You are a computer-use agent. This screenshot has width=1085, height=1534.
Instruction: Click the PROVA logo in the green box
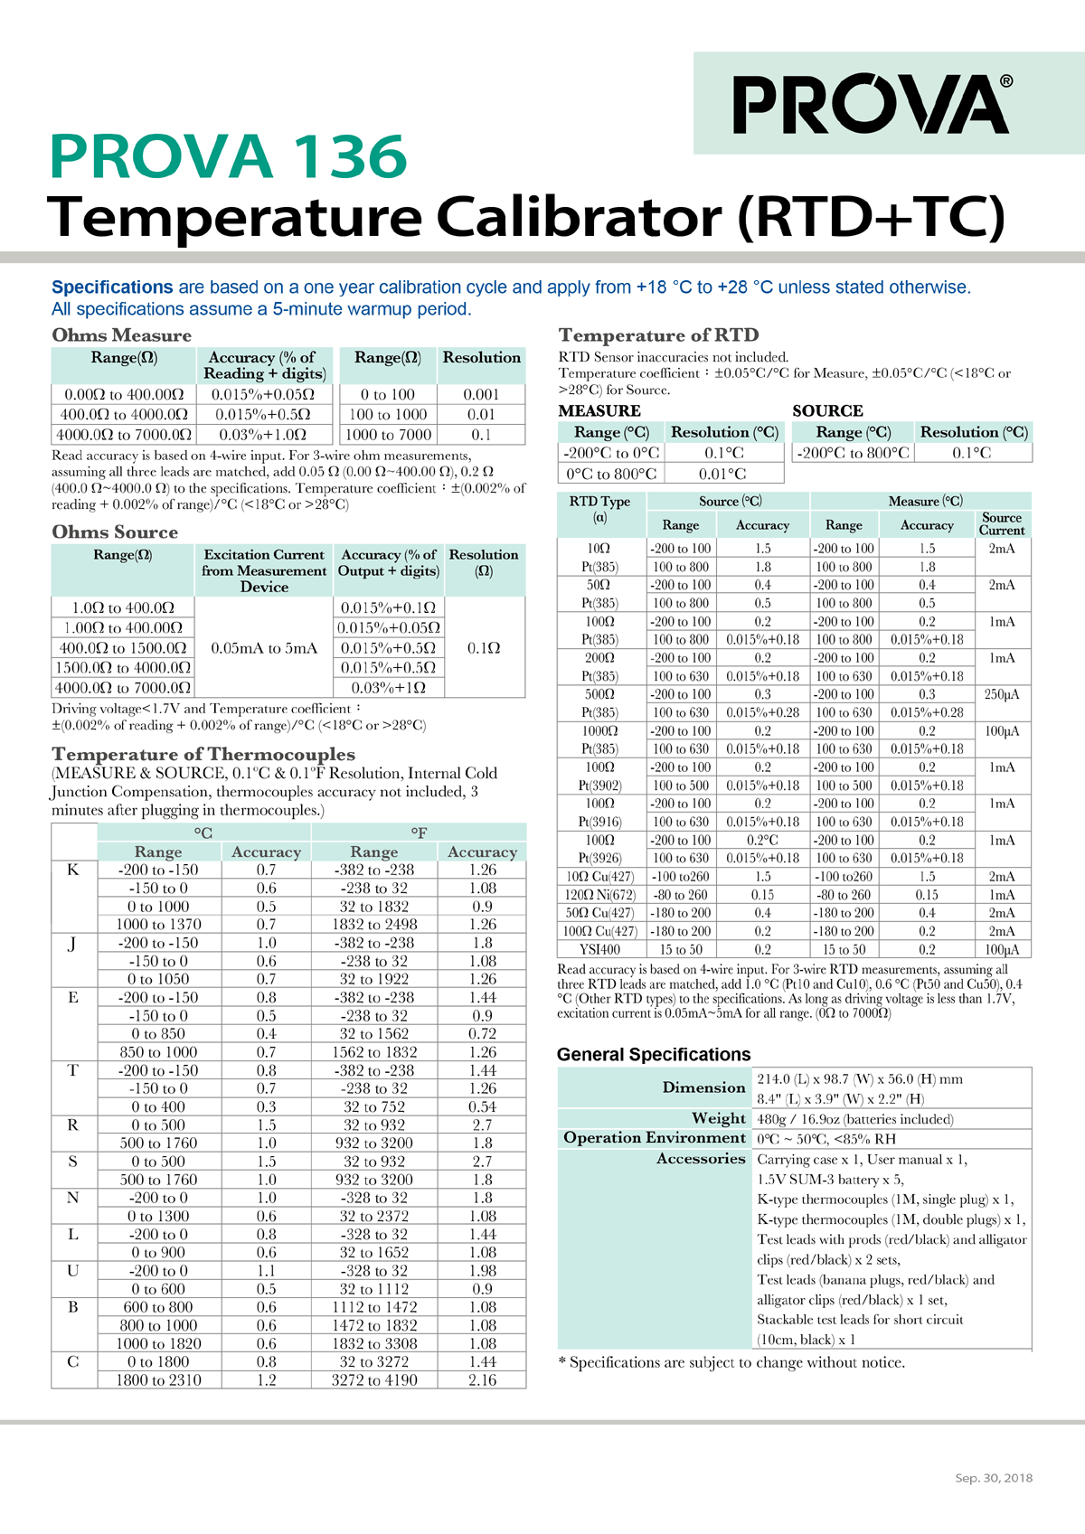872,104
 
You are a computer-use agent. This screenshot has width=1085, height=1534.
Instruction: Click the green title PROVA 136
229,156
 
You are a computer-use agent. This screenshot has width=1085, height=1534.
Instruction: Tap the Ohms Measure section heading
121,335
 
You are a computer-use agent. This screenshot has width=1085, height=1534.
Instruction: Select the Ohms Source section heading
115,532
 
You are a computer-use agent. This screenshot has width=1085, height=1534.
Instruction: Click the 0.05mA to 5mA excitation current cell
264,648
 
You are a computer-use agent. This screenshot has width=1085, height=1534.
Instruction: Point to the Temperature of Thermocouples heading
203,754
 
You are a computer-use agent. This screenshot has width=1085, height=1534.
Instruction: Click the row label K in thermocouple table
73,870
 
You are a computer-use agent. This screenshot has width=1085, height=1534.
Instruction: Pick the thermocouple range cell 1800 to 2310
158,1379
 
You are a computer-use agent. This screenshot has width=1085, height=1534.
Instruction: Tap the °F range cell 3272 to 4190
374,1379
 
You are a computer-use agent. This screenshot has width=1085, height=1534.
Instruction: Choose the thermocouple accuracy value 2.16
482,1379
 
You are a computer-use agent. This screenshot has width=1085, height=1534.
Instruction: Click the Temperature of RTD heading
658,335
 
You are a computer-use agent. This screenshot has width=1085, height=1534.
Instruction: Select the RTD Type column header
600,509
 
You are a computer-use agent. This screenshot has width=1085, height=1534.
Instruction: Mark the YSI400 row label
600,949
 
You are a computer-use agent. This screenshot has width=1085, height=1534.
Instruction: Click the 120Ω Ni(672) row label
600,895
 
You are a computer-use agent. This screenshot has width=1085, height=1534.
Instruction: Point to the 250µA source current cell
1002,694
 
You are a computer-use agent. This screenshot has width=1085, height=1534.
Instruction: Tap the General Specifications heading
654,1054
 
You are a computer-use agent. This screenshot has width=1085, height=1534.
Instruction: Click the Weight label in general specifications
719,1118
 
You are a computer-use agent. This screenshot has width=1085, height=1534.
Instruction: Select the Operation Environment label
655,1138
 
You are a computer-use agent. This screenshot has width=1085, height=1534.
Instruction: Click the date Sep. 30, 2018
994,1478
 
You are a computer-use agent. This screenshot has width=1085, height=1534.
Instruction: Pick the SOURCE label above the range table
827,410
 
